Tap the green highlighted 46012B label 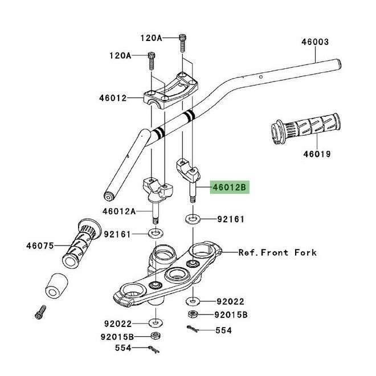229,187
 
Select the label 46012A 119,211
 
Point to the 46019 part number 317,154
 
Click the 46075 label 40,246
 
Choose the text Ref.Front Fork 277,252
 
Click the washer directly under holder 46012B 192,218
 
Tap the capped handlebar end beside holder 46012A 108,197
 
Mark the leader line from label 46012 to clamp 136,98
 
